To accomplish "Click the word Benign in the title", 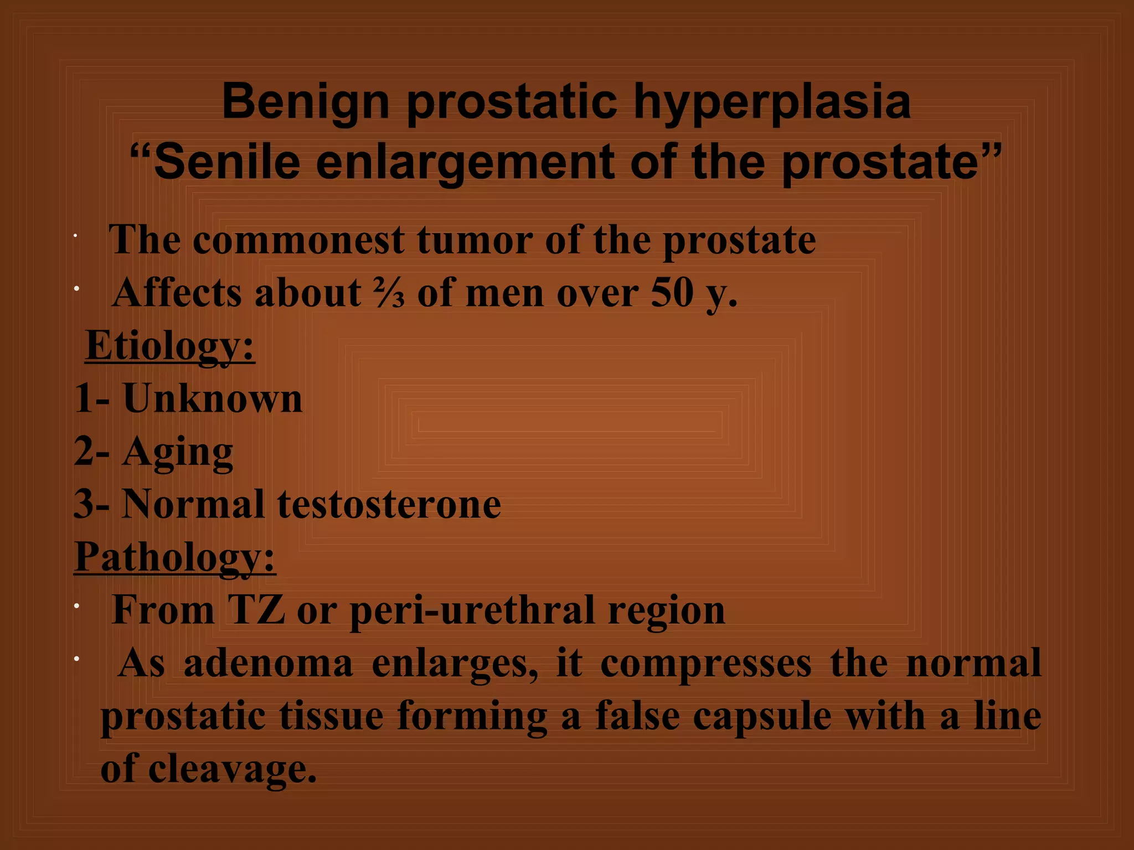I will pos(306,102).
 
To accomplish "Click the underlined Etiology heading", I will pos(170,345).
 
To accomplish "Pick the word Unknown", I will pos(213,398).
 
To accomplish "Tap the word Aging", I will pos(178,452).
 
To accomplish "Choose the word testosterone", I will pos(389,504).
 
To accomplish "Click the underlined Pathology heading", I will pos(175,557).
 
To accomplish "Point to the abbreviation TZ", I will pos(256,610).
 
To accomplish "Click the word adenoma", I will pos(269,663).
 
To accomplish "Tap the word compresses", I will pos(705,663).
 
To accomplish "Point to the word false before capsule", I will pos(637,716).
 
